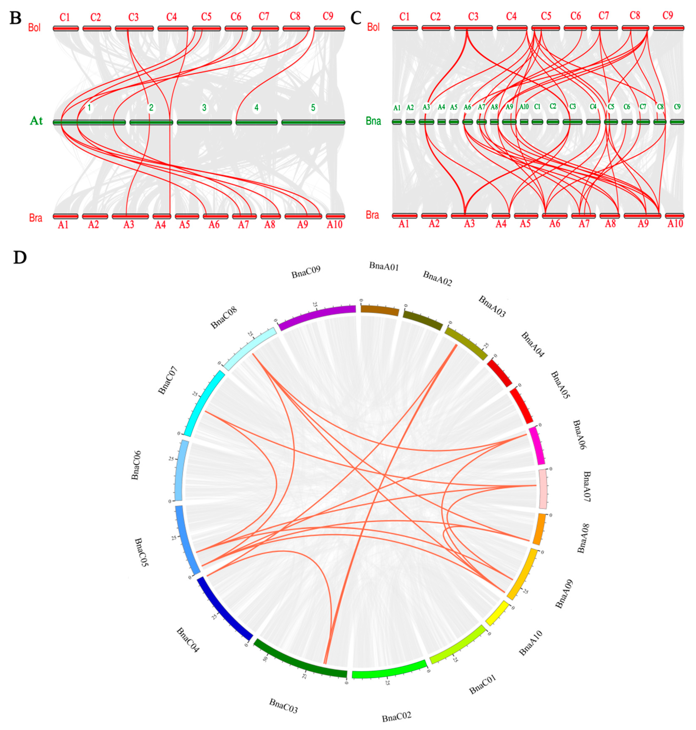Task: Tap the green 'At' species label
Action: (36, 121)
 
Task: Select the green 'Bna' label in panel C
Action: (373, 121)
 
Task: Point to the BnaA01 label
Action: (384, 266)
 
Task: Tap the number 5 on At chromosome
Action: (313, 108)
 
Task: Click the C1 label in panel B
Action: (65, 17)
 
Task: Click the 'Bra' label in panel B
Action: (36, 218)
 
